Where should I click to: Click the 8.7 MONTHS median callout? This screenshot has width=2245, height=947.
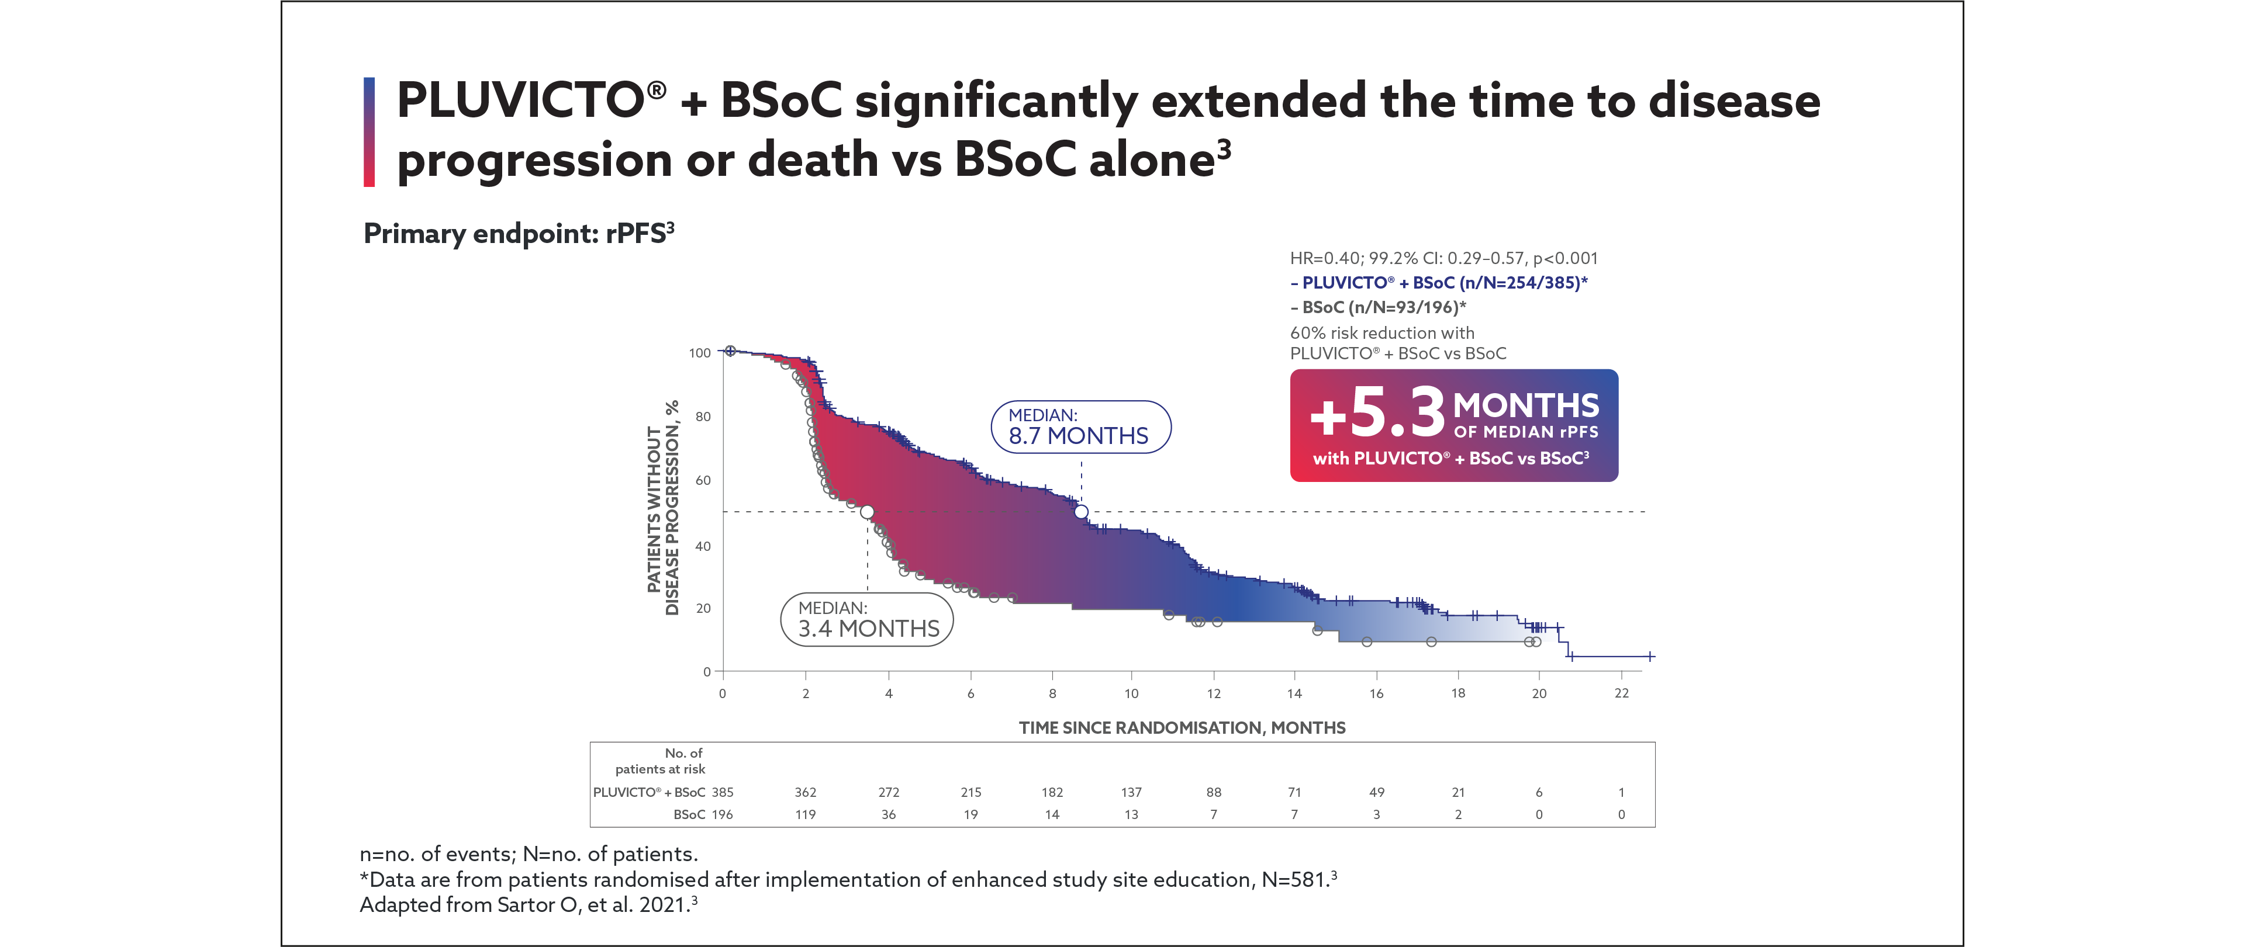(x=1080, y=427)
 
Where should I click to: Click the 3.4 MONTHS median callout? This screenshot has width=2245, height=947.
(x=867, y=619)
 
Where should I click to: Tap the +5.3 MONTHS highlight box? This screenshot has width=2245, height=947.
(x=1453, y=425)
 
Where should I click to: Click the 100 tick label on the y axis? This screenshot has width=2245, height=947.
(x=700, y=353)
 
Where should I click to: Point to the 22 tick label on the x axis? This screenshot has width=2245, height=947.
(x=1621, y=693)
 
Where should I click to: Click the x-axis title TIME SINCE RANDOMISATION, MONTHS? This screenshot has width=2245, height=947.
(x=1182, y=727)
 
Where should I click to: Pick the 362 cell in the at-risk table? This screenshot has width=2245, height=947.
(x=805, y=792)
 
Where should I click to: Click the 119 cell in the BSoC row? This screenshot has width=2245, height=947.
(x=805, y=814)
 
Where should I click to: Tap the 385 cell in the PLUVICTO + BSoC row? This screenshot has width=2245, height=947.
(x=723, y=792)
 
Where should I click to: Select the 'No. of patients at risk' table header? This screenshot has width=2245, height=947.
(x=661, y=761)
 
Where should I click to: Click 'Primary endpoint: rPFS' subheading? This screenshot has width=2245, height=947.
(x=519, y=234)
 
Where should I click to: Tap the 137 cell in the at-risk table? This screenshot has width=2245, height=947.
(x=1131, y=792)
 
